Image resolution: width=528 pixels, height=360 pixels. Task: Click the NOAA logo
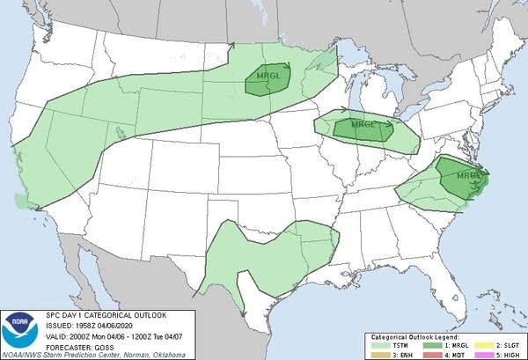point(17,331)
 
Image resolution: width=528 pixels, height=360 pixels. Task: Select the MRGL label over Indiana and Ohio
point(363,126)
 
